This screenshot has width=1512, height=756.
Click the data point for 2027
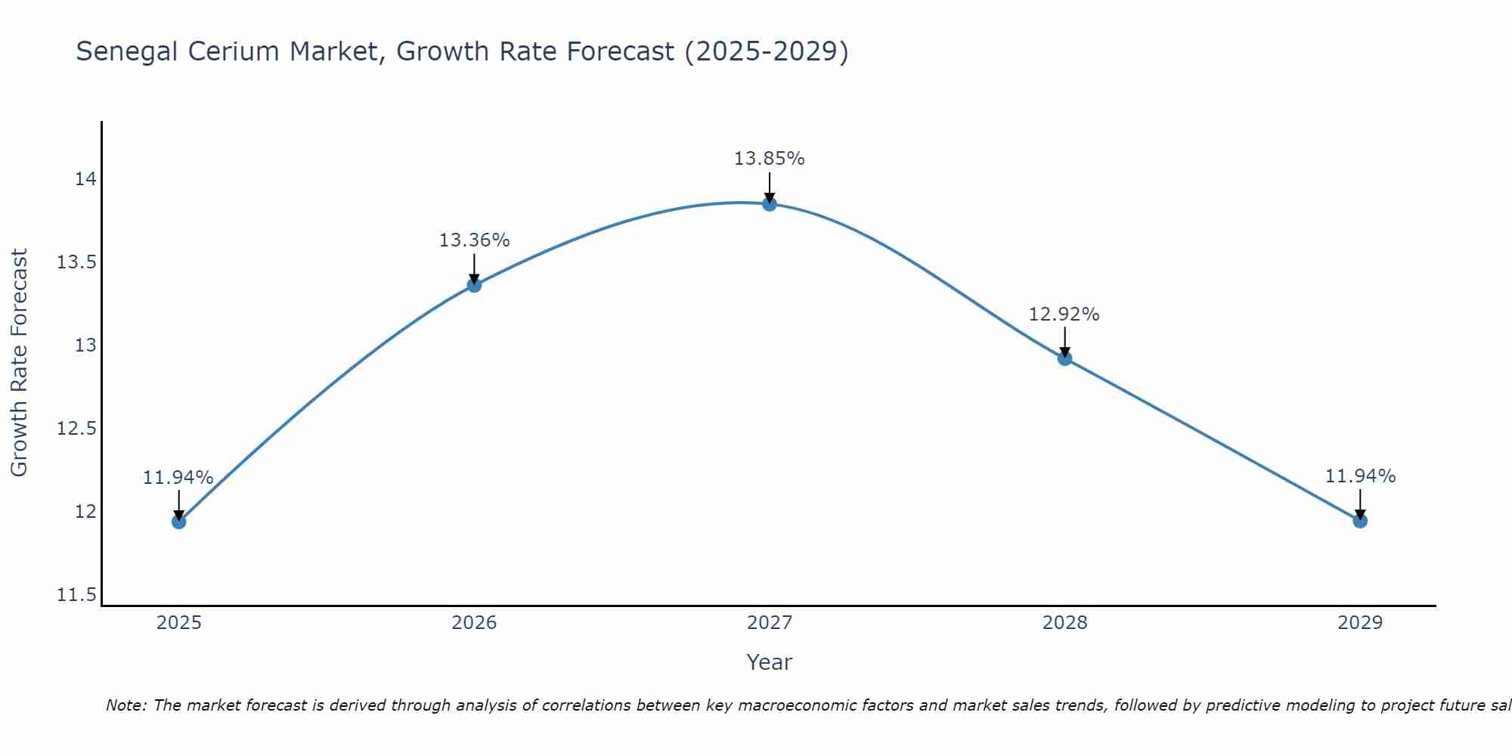click(769, 203)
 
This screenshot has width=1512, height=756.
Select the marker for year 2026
click(474, 285)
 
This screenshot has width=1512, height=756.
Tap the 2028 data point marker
click(1064, 358)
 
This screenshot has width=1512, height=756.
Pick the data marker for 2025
click(178, 522)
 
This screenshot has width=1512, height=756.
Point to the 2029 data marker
click(1359, 521)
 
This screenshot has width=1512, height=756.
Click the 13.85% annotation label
click(769, 159)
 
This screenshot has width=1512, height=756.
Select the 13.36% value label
click(474, 240)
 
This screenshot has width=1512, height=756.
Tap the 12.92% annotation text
click(1064, 314)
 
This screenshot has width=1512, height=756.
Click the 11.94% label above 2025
click(178, 478)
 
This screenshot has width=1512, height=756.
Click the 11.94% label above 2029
click(1360, 476)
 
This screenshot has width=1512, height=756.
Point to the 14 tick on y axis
click(85, 179)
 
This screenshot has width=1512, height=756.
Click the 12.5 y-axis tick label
click(77, 429)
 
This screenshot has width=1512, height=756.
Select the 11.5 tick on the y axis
click(77, 595)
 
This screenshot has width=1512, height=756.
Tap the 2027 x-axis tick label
click(769, 623)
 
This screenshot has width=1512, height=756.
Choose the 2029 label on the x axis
click(1359, 623)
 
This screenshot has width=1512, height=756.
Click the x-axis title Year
click(769, 662)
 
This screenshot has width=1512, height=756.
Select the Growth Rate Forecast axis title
click(19, 362)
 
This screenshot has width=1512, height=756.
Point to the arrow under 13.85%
click(769, 187)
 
